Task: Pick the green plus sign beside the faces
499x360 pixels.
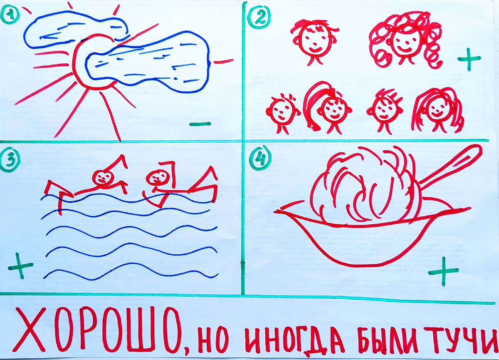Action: click(x=469, y=60)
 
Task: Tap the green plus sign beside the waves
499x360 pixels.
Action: click(x=20, y=265)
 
